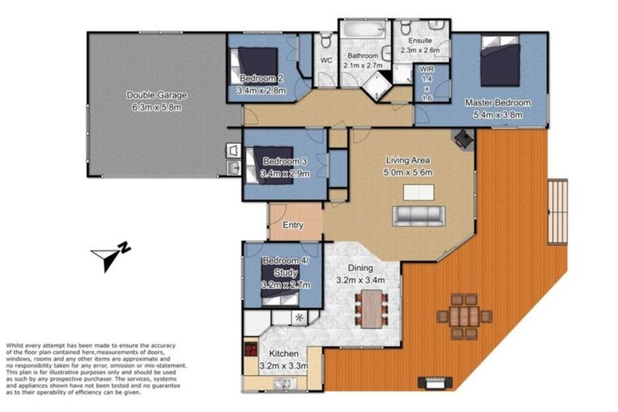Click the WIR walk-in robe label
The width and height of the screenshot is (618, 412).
(x=426, y=71)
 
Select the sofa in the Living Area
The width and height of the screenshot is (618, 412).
(x=417, y=215)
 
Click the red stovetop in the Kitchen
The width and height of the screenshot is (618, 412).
(x=249, y=352)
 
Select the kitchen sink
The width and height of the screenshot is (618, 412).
(x=281, y=383)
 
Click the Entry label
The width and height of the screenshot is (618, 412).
(x=293, y=225)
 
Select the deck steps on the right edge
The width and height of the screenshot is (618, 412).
(x=557, y=210)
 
